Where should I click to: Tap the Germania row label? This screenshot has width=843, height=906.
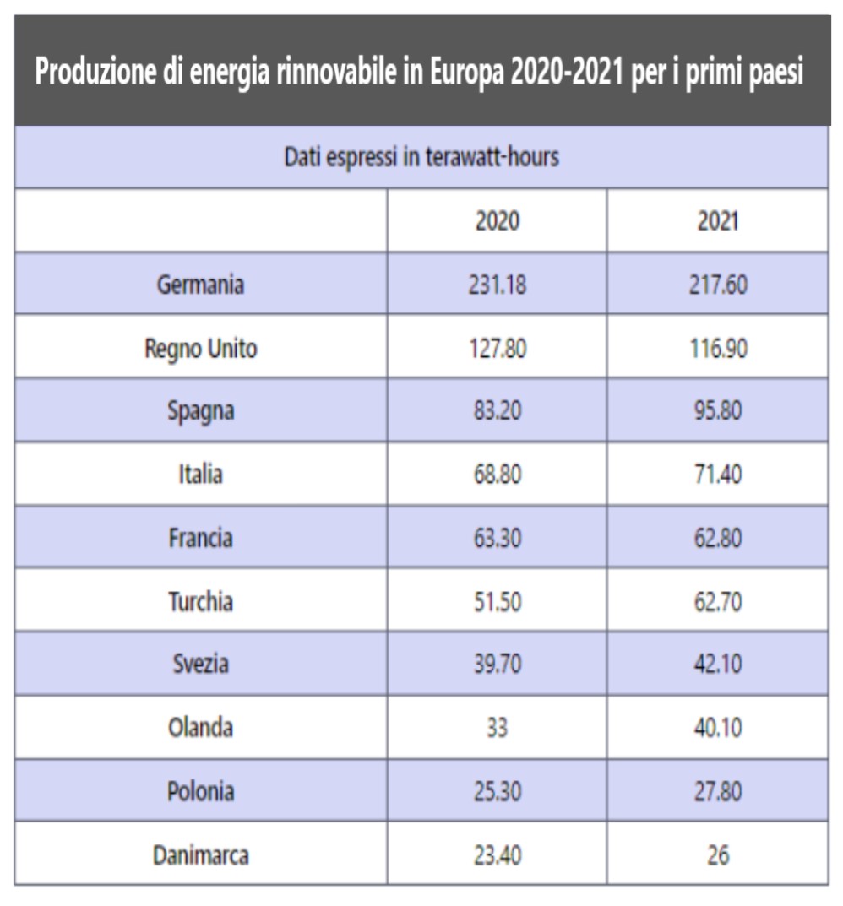tap(200, 284)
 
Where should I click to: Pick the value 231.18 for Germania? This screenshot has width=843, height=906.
tap(498, 284)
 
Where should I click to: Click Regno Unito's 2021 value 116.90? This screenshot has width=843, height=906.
tap(717, 347)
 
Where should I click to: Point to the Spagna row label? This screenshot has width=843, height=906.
tap(200, 410)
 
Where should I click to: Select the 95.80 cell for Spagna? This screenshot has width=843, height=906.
tap(717, 410)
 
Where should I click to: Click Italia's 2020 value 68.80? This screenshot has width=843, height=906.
tap(498, 474)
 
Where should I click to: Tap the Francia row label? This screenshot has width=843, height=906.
tap(200, 537)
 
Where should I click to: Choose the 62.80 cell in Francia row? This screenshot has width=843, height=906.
tap(717, 537)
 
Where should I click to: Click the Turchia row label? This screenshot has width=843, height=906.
tap(200, 600)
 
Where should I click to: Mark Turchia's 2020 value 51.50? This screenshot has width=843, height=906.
tap(498, 600)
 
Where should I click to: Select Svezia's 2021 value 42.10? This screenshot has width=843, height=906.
tap(717, 664)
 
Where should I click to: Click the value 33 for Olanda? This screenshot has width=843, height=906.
tap(498, 727)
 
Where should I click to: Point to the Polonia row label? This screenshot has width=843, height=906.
tap(200, 791)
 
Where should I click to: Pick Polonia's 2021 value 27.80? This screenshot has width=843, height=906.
tap(717, 791)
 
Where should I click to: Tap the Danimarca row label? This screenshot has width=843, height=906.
tap(200, 855)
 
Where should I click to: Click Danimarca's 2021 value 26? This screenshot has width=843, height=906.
tap(717, 855)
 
